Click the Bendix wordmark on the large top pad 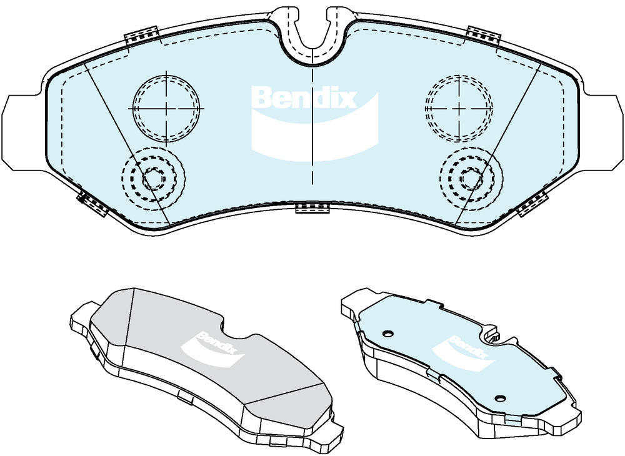tap(305, 98)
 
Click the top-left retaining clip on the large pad tap(142, 35)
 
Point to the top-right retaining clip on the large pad tap(483, 35)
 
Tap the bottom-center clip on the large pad tap(312, 208)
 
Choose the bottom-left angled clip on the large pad tap(93, 203)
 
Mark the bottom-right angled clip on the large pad tap(532, 203)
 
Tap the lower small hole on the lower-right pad tap(500, 398)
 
